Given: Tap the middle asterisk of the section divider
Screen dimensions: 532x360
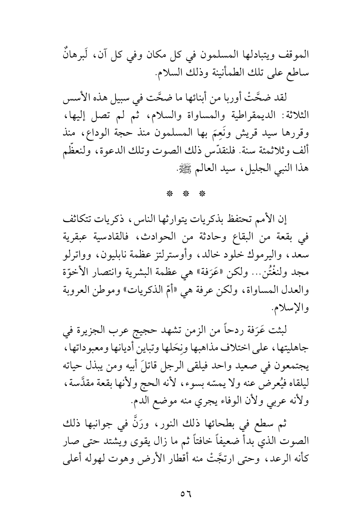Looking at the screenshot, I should point(180,182).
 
